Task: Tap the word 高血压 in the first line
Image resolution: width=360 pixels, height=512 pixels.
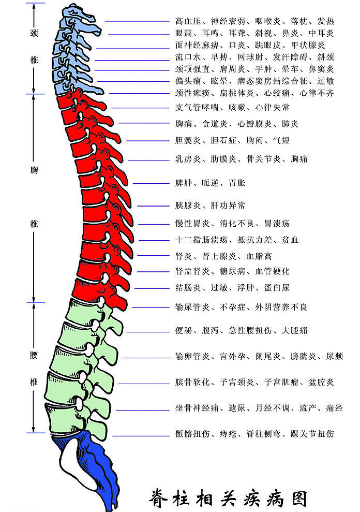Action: point(188,22)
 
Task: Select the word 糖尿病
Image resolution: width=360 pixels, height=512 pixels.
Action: point(232,271)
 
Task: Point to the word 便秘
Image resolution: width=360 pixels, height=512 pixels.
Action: point(184,330)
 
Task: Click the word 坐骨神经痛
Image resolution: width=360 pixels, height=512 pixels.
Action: point(197,408)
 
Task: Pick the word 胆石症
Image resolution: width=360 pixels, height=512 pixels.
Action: point(223,140)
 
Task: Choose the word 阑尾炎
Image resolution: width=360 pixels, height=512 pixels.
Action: point(268,356)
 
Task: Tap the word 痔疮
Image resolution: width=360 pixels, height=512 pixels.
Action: point(228,434)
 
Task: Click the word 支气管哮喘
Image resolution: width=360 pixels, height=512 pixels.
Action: point(197,108)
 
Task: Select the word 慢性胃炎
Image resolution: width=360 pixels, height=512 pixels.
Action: point(192,224)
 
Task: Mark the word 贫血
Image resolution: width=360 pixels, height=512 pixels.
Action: point(290,240)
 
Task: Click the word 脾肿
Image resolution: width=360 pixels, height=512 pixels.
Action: point(184,183)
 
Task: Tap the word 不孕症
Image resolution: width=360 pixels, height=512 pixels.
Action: point(232,308)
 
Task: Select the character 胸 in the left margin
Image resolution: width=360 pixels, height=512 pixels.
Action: point(34,170)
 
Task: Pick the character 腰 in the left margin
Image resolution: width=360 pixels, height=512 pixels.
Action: point(34,355)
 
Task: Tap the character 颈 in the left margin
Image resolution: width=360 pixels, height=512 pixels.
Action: point(34,33)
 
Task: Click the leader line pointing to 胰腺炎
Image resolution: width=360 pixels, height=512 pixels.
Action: point(154,206)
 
